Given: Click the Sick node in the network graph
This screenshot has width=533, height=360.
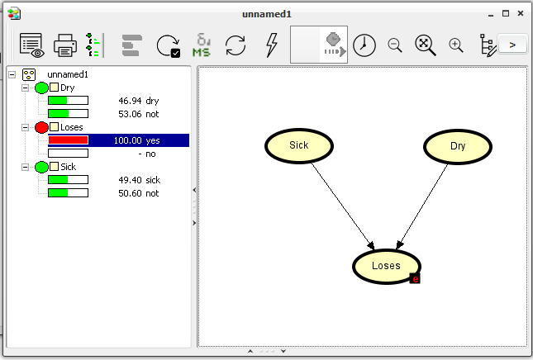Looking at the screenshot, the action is (299, 145).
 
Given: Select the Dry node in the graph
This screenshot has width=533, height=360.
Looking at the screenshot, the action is (458, 146).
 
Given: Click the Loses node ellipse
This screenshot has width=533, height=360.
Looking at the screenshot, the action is (387, 266).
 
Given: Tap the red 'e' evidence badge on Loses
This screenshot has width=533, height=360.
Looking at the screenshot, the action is (415, 279).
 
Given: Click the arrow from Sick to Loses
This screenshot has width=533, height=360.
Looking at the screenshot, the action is (343, 206).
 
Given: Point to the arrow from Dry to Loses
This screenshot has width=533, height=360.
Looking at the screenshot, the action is (422, 206).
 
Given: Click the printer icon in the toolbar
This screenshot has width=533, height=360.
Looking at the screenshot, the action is (65, 45).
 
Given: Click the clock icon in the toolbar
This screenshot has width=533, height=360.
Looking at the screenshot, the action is (364, 45).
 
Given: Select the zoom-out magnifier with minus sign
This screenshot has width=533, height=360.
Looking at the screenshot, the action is (395, 45).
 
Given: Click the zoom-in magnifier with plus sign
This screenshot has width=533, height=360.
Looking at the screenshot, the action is (456, 45).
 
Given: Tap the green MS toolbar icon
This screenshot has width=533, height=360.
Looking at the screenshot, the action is (202, 45).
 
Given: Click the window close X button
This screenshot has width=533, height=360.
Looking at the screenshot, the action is (520, 13).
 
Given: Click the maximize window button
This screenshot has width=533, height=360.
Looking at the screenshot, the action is (506, 13).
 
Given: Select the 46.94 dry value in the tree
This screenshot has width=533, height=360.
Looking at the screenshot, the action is (138, 101).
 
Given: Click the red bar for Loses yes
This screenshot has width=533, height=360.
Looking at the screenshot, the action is (68, 140).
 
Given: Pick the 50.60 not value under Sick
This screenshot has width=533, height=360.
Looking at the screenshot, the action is (138, 193).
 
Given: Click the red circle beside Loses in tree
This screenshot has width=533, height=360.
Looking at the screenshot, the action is (41, 127).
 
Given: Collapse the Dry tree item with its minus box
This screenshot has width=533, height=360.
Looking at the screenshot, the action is (25, 88).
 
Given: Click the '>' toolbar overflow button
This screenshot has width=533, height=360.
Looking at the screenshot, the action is (512, 45).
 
